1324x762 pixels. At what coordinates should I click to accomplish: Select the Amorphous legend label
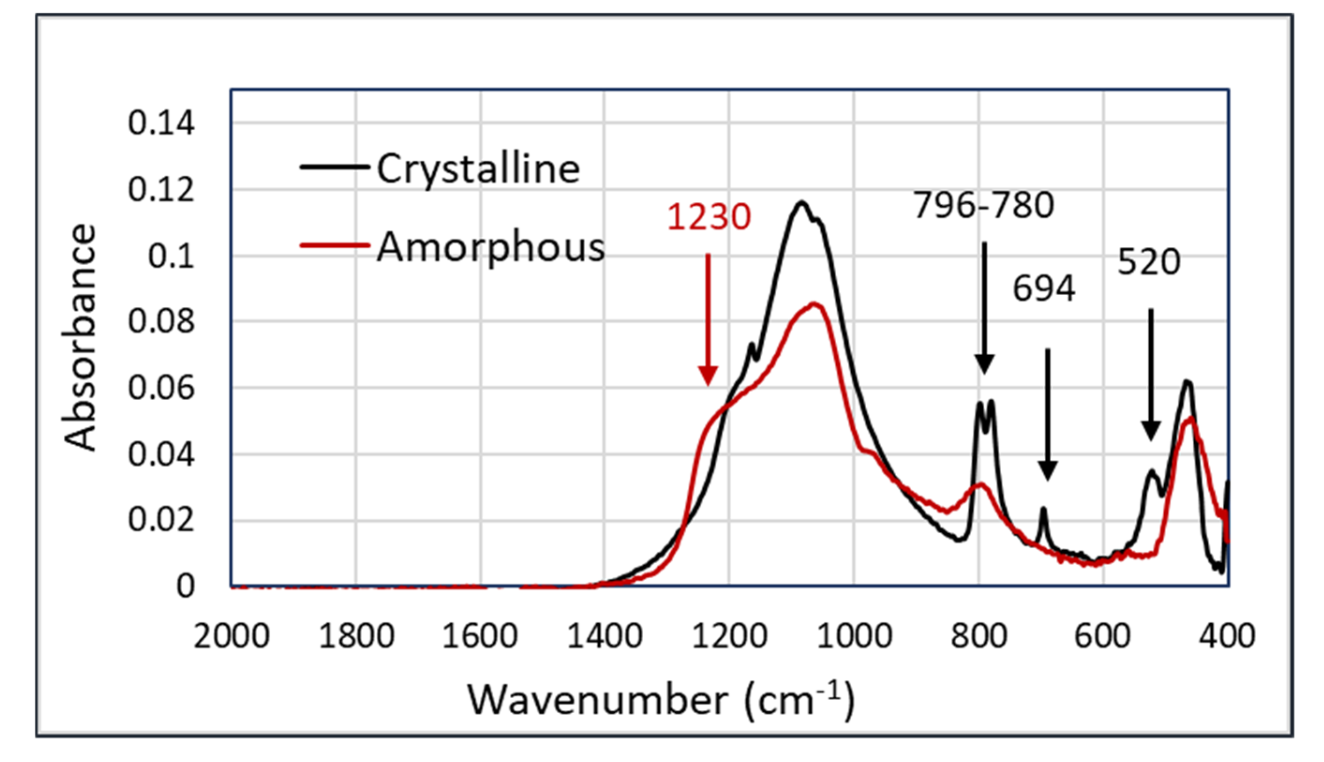tap(490, 247)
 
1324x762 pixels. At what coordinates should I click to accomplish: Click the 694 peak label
tap(1044, 288)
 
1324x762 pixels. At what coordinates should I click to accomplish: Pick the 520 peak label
tap(1149, 261)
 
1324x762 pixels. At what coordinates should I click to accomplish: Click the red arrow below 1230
tap(708, 319)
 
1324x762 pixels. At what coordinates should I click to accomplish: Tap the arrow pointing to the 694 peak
tap(1047, 414)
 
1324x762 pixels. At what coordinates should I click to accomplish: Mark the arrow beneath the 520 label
tap(1151, 374)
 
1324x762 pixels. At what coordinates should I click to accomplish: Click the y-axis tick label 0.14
tap(161, 124)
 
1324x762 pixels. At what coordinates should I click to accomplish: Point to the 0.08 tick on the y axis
tap(161, 321)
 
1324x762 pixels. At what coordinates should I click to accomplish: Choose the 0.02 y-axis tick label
tap(161, 520)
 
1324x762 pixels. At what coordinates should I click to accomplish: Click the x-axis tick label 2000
tap(231, 636)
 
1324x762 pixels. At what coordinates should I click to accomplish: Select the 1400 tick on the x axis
tap(605, 636)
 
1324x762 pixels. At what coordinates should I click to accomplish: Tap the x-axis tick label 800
tap(979, 636)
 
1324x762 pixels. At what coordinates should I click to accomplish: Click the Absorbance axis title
tap(80, 337)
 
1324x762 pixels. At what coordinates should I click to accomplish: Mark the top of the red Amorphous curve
tap(813, 304)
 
